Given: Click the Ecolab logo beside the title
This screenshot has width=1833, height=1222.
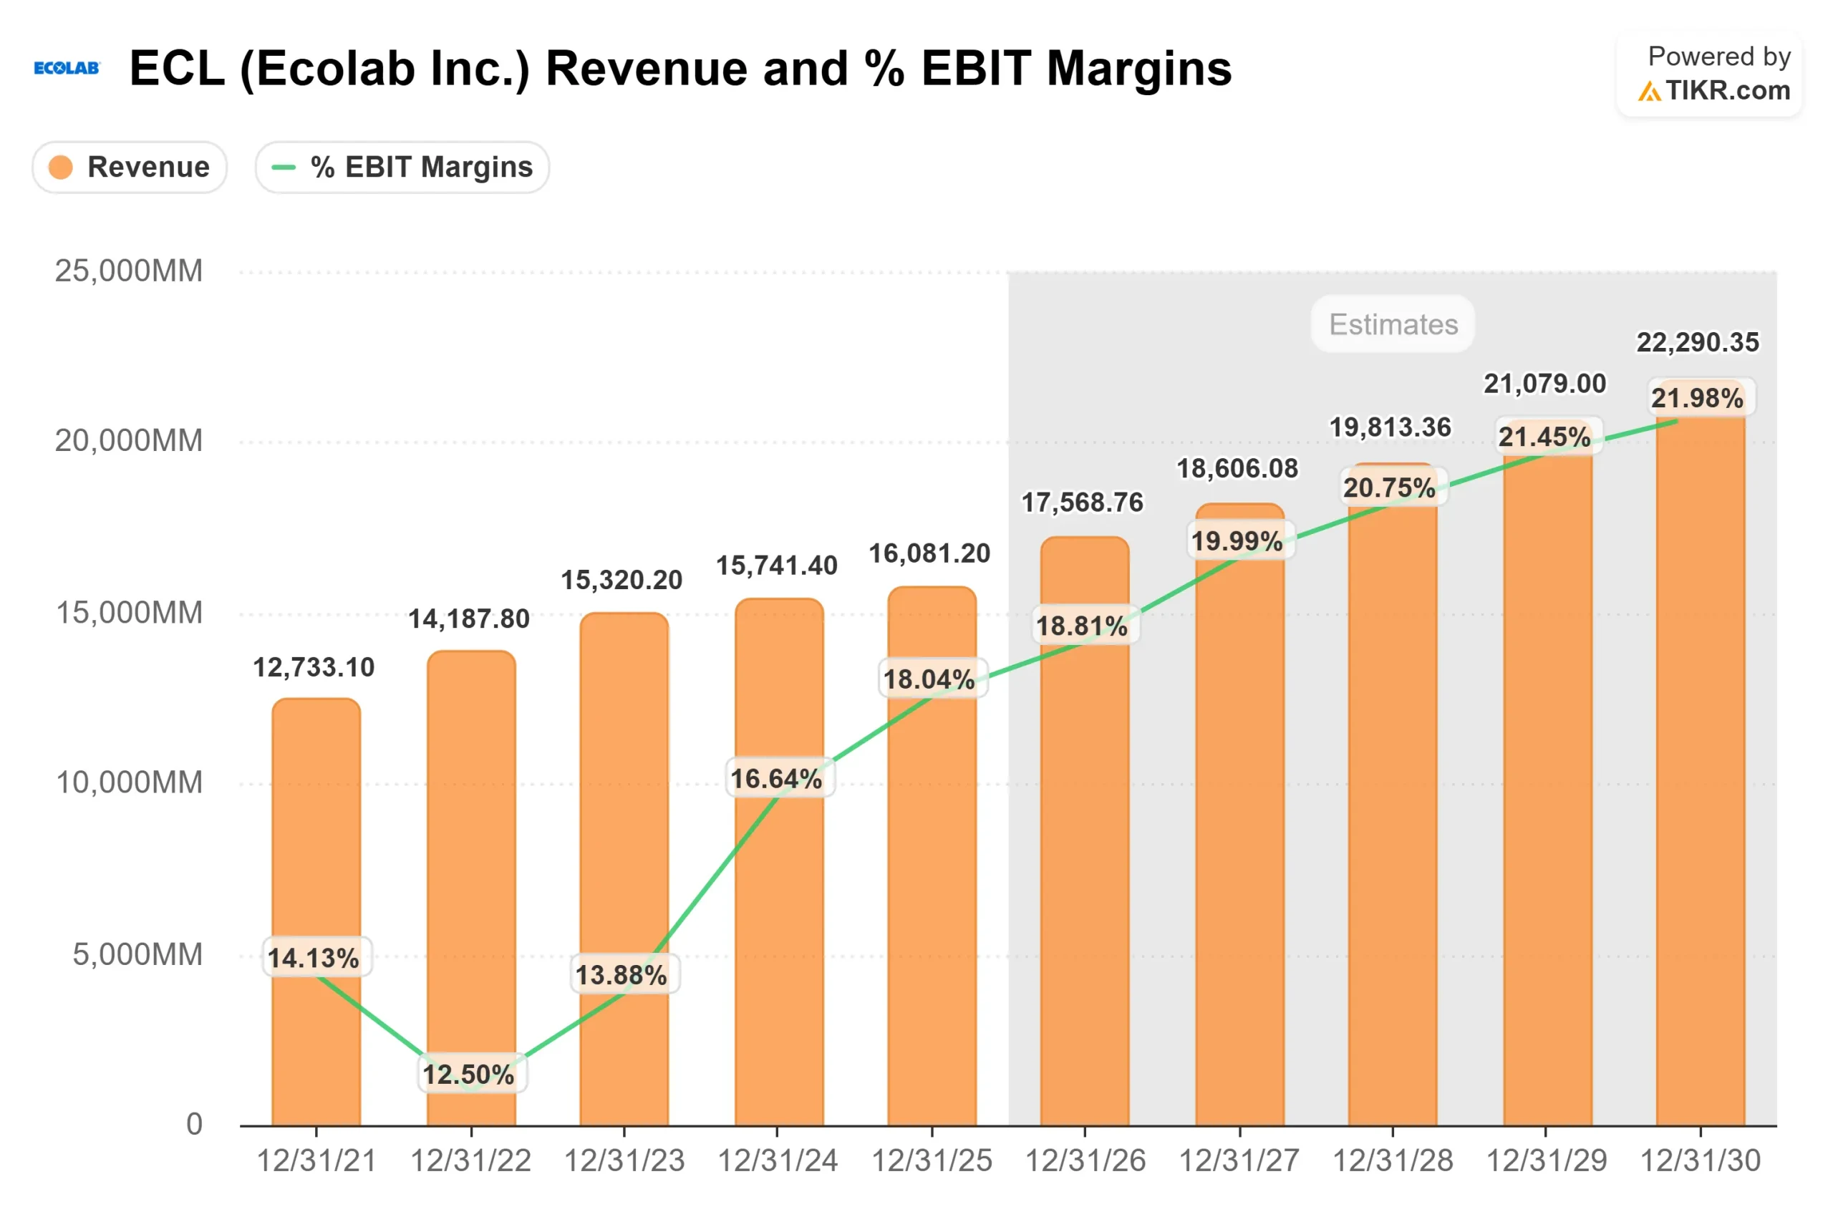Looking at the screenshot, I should pos(67,69).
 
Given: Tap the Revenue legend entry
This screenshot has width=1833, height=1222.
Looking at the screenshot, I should pos(130,167).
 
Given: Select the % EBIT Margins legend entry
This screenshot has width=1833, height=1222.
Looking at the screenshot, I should pos(402,167).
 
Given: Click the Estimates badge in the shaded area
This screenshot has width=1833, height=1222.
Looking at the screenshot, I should pos(1393,324).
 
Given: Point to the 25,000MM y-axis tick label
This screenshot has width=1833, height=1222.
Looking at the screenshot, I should pos(129,271).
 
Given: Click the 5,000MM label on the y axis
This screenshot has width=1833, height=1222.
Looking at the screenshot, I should pos(137,955).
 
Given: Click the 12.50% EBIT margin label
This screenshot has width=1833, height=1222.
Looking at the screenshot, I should pos(468,1075).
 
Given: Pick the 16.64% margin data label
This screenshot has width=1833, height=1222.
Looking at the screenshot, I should pos(776,779).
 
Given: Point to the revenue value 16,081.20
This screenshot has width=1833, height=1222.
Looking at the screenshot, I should pos(930,553).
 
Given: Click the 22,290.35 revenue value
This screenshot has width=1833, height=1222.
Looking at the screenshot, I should pos(1698,342).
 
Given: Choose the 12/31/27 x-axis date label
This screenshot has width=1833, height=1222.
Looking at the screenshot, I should pos(1239,1161).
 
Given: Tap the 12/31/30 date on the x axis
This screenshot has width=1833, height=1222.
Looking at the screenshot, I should pos(1701,1161).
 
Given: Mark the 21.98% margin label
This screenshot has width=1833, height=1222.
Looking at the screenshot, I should pos(1698,398).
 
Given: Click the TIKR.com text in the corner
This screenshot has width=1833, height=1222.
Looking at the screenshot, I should pos(1728,90).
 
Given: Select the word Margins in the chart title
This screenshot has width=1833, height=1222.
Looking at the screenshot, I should pos(1138,69).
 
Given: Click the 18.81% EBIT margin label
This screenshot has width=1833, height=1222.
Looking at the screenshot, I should pos(1082,626).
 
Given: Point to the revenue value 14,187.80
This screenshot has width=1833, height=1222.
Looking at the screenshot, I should pos(469,619).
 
